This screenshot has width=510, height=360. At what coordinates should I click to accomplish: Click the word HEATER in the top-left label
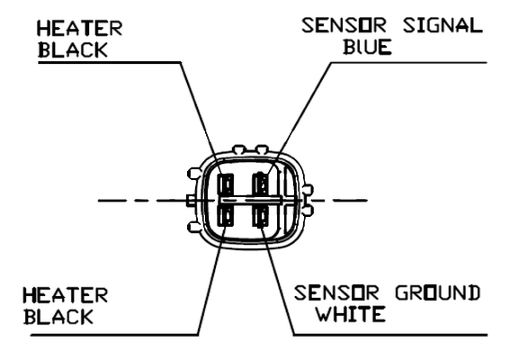tap(80, 28)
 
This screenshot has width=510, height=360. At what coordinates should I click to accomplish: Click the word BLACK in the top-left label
tap(73, 50)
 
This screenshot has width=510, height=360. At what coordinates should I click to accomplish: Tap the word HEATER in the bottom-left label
tap(66, 295)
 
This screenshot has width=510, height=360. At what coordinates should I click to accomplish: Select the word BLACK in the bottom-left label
tap(58, 317)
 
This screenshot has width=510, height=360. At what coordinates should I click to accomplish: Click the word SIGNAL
tap(443, 25)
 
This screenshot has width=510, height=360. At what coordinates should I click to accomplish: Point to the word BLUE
tap(367, 47)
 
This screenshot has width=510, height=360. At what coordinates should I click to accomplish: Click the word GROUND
tap(438, 292)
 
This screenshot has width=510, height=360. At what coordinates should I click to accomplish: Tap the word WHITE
tap(352, 314)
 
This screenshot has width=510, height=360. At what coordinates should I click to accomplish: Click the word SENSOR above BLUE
tap(344, 25)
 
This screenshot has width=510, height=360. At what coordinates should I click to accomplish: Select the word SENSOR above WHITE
tap(336, 292)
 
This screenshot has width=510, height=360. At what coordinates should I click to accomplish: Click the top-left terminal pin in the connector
tap(227, 185)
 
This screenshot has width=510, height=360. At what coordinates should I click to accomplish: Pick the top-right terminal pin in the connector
tap(261, 184)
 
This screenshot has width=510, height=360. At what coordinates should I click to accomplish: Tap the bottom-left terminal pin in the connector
tap(227, 215)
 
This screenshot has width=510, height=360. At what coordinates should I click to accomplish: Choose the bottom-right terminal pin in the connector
tap(261, 215)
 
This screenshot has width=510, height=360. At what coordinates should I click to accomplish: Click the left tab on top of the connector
tap(239, 149)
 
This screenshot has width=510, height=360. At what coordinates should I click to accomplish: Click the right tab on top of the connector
tap(262, 149)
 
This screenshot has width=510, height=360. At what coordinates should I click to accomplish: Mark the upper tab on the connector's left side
tap(194, 173)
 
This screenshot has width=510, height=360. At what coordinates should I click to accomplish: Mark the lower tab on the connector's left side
tap(194, 227)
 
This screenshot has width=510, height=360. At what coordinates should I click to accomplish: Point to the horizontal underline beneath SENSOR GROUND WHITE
tap(390, 335)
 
